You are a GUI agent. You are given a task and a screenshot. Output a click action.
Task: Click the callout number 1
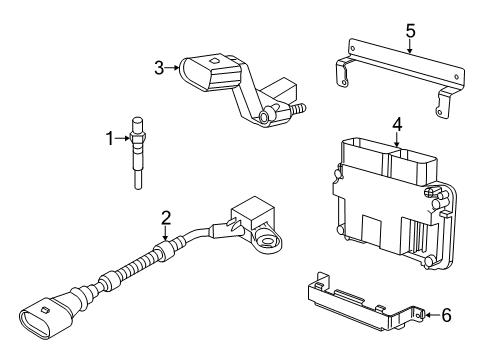coord(110,138)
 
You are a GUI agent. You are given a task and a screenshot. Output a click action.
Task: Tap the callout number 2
coord(166,218)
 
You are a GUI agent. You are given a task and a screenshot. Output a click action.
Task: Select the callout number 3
coord(159,68)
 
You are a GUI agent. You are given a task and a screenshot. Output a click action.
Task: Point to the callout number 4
coord(397,125)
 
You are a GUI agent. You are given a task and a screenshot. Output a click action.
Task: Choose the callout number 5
coord(411,31)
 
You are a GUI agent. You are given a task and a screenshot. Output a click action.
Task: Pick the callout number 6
coord(446,315)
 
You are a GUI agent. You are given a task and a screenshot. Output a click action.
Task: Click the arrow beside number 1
coord(122,138)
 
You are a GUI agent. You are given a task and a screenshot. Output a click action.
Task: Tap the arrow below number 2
coord(166,233)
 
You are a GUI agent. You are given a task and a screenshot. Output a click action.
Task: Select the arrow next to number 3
coord(172,68)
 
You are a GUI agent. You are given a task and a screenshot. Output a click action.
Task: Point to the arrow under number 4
coord(397,140)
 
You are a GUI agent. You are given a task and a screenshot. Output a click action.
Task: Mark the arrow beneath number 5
coord(410,46)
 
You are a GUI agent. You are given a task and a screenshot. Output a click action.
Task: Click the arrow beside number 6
coord(433,315)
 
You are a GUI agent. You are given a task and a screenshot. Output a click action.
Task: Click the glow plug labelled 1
coord(137,153)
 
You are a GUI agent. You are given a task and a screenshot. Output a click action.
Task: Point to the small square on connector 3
coord(212,61)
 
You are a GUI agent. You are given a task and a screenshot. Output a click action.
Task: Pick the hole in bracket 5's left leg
coord(344,83)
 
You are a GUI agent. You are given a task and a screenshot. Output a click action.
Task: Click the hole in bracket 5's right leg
coord(440,112)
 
